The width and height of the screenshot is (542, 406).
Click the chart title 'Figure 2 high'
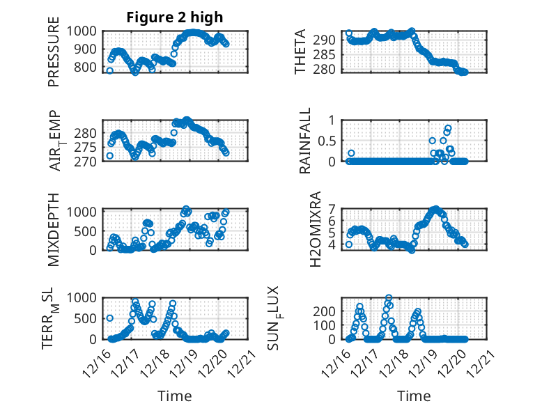tap(175, 17)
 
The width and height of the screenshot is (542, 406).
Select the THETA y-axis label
tap(300, 52)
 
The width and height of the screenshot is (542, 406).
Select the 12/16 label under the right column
tap(339, 363)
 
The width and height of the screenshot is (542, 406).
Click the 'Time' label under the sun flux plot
tap(414, 396)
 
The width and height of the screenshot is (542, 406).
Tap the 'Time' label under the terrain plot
tap(175, 396)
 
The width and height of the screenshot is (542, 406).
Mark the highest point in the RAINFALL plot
tap(448, 128)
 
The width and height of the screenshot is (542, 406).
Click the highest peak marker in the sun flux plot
tap(388, 298)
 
